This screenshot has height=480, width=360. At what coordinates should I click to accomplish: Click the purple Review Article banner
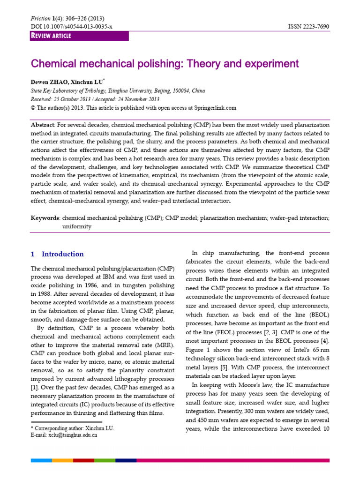coord(79,36)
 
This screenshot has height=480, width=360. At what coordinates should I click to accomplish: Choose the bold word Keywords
coord(45,218)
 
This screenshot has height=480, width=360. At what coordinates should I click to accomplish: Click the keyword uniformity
coord(77,226)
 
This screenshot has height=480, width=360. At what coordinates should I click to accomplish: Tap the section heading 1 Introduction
coord(57,254)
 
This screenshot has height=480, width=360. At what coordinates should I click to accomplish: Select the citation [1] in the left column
coord(35,388)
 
